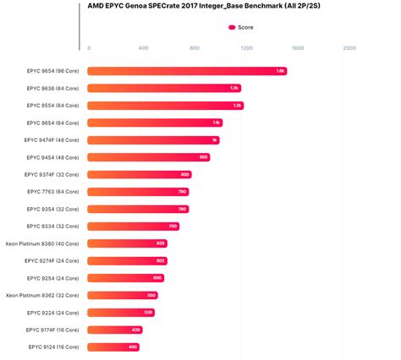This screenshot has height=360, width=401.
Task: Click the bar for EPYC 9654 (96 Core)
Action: point(186,71)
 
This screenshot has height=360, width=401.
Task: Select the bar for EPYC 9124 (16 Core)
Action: point(113,346)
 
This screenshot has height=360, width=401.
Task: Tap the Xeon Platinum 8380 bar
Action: point(127,243)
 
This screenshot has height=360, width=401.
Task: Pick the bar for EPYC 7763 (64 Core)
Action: point(139,192)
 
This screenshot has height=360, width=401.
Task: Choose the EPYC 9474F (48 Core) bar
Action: point(153,140)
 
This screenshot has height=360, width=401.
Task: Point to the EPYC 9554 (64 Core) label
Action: point(52,106)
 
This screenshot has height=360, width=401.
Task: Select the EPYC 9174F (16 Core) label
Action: point(52,330)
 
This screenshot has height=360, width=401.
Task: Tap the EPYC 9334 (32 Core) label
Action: point(52,226)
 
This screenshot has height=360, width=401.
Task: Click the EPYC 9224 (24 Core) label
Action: point(52,313)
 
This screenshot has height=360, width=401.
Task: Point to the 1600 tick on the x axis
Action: point(297,48)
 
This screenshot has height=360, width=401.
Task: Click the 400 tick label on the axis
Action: point(142,48)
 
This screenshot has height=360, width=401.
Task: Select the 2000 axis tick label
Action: point(349,48)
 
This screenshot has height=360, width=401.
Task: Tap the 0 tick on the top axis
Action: point(89,48)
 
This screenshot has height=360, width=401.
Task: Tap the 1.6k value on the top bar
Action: point(280,71)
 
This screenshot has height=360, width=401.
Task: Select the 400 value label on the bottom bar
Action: point(133,346)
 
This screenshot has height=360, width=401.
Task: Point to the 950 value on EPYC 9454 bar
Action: point(203,157)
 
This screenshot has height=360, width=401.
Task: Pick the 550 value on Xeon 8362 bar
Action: point(151,295)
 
